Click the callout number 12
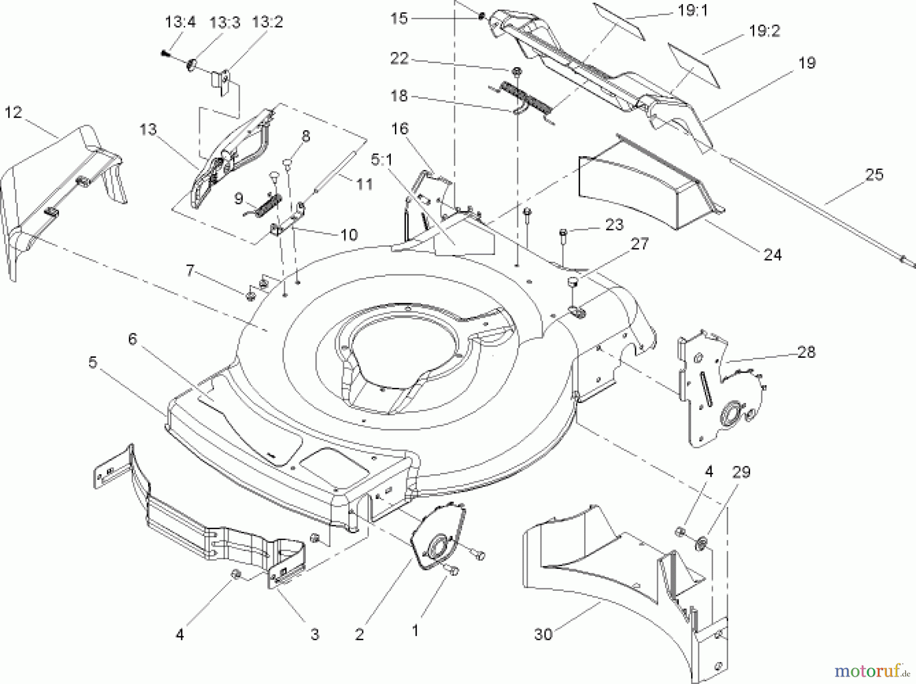pos(14,112)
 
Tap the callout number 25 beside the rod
pos(874,175)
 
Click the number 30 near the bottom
pos(543,635)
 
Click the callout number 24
pos(772,254)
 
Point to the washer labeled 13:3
pos(193,65)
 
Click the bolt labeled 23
pos(563,247)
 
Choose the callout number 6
pos(132,338)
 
